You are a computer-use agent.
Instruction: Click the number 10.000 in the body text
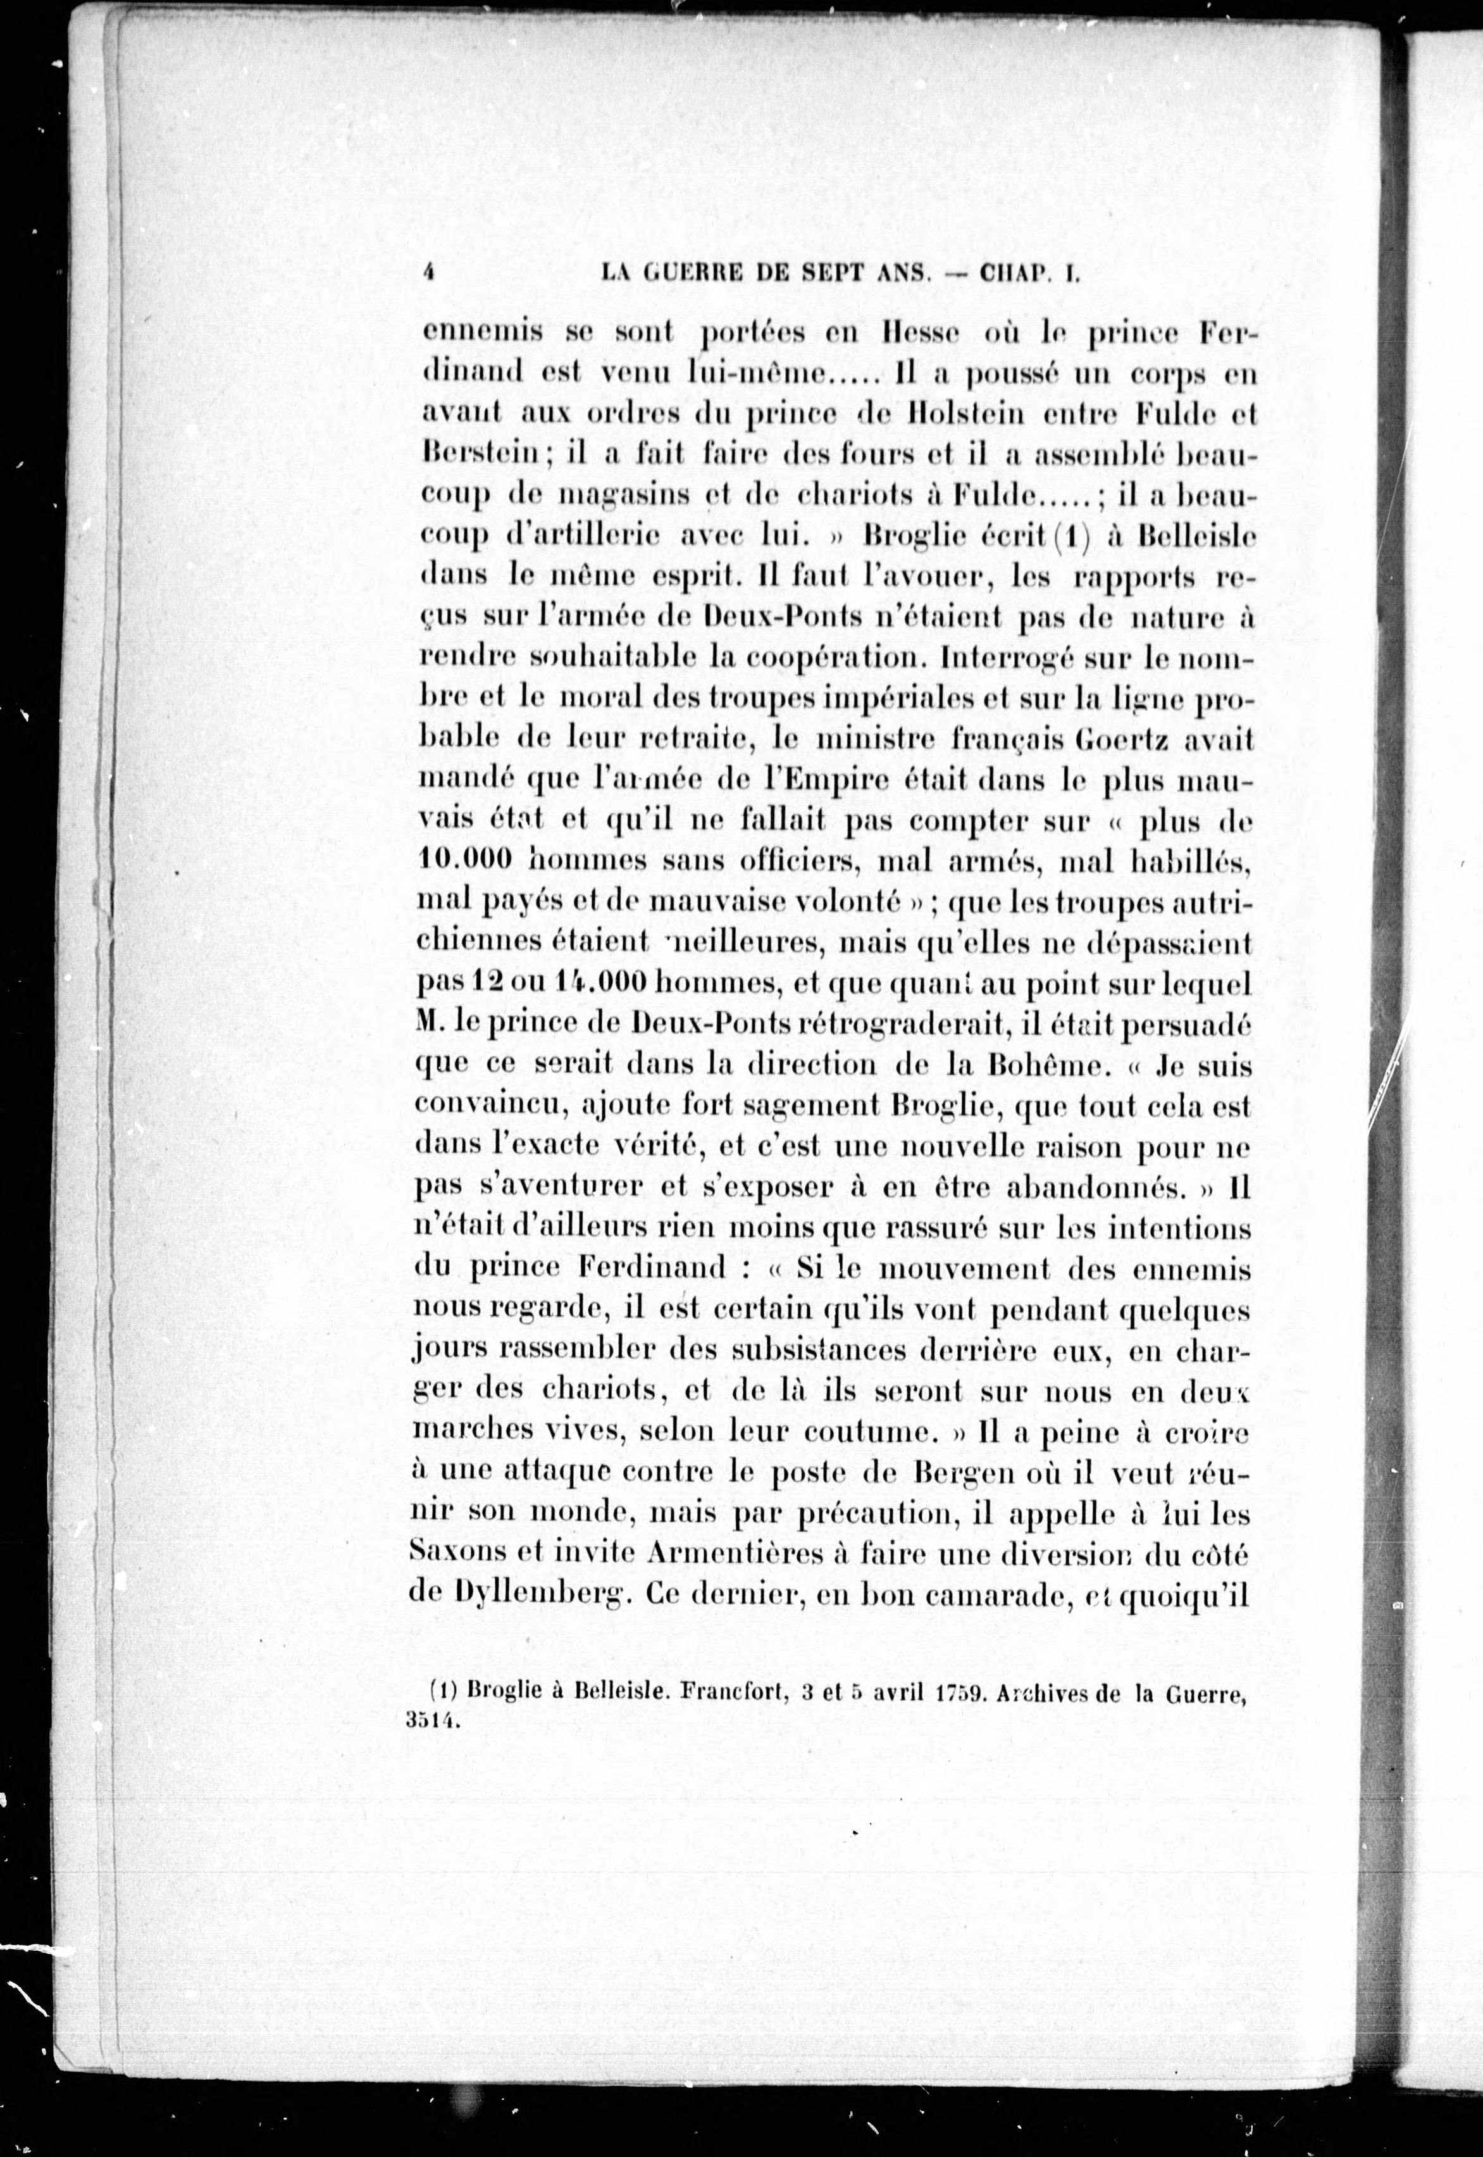[466, 861]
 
